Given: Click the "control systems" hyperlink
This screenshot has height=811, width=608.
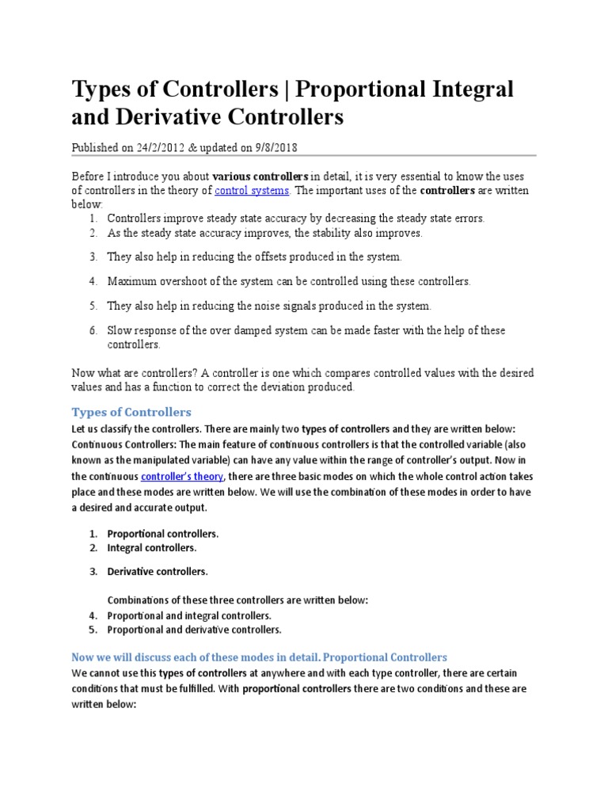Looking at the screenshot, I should point(253,191).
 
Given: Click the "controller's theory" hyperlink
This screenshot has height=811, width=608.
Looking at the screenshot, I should point(182,477).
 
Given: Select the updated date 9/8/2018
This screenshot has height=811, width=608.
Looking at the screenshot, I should point(272,147).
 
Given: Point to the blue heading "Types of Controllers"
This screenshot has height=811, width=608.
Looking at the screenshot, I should point(131,412).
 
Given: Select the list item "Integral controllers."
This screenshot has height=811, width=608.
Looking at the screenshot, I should point(152,547).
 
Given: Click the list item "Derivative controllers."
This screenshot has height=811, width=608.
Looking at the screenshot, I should point(158,571).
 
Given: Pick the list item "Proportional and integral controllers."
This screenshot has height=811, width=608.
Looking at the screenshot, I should point(189,615).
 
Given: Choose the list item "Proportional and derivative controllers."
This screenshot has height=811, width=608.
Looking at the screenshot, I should point(194,630).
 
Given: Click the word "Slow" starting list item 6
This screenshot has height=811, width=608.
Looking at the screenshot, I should point(120,330).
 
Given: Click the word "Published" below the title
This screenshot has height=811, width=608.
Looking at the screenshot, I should point(97,147).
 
